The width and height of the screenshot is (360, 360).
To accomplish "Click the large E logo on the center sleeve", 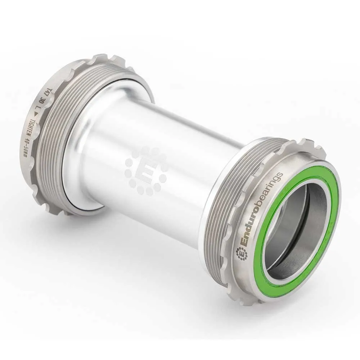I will tap(145, 170).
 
